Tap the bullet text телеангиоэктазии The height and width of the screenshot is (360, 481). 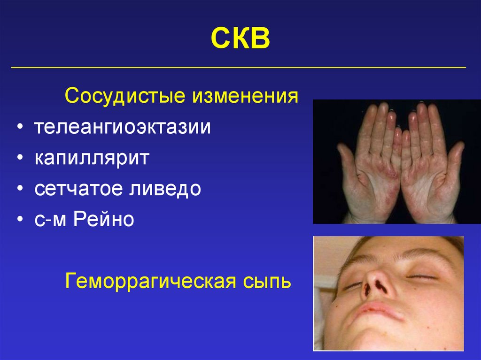coord(122,128)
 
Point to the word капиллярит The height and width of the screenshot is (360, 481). coord(91,158)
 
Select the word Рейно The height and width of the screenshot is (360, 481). coord(103,219)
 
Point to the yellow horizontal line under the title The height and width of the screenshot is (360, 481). coord(239,68)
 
